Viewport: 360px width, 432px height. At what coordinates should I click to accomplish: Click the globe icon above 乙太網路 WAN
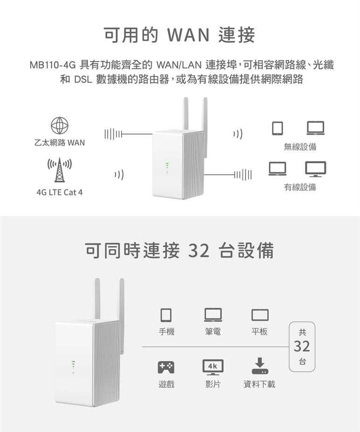(x=60, y=126)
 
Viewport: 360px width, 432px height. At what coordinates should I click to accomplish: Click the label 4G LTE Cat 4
(x=60, y=192)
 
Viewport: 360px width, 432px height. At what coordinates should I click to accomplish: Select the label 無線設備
(x=300, y=147)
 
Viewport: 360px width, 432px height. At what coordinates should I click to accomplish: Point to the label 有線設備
(x=300, y=188)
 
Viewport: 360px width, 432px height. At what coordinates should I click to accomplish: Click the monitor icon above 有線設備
(x=315, y=169)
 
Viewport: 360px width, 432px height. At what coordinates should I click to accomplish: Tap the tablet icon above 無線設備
(x=277, y=128)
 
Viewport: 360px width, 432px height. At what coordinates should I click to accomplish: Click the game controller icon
(x=166, y=367)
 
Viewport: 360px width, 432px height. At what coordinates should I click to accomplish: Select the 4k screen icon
(x=213, y=367)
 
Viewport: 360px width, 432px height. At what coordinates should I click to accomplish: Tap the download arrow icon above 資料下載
(x=260, y=366)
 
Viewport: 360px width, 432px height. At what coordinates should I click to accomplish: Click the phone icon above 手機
(x=166, y=315)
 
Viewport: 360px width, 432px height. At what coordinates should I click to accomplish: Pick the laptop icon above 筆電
(x=213, y=315)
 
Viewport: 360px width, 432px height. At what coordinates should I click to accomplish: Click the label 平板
(x=259, y=331)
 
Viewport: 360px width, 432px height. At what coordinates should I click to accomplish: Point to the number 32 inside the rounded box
(x=302, y=346)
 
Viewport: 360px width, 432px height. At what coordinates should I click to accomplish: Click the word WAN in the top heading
(x=188, y=35)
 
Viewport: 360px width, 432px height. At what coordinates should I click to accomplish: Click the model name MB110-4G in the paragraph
(x=52, y=65)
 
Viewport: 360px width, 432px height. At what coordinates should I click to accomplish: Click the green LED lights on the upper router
(x=166, y=168)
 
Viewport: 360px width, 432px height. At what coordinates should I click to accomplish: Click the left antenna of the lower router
(x=97, y=299)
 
